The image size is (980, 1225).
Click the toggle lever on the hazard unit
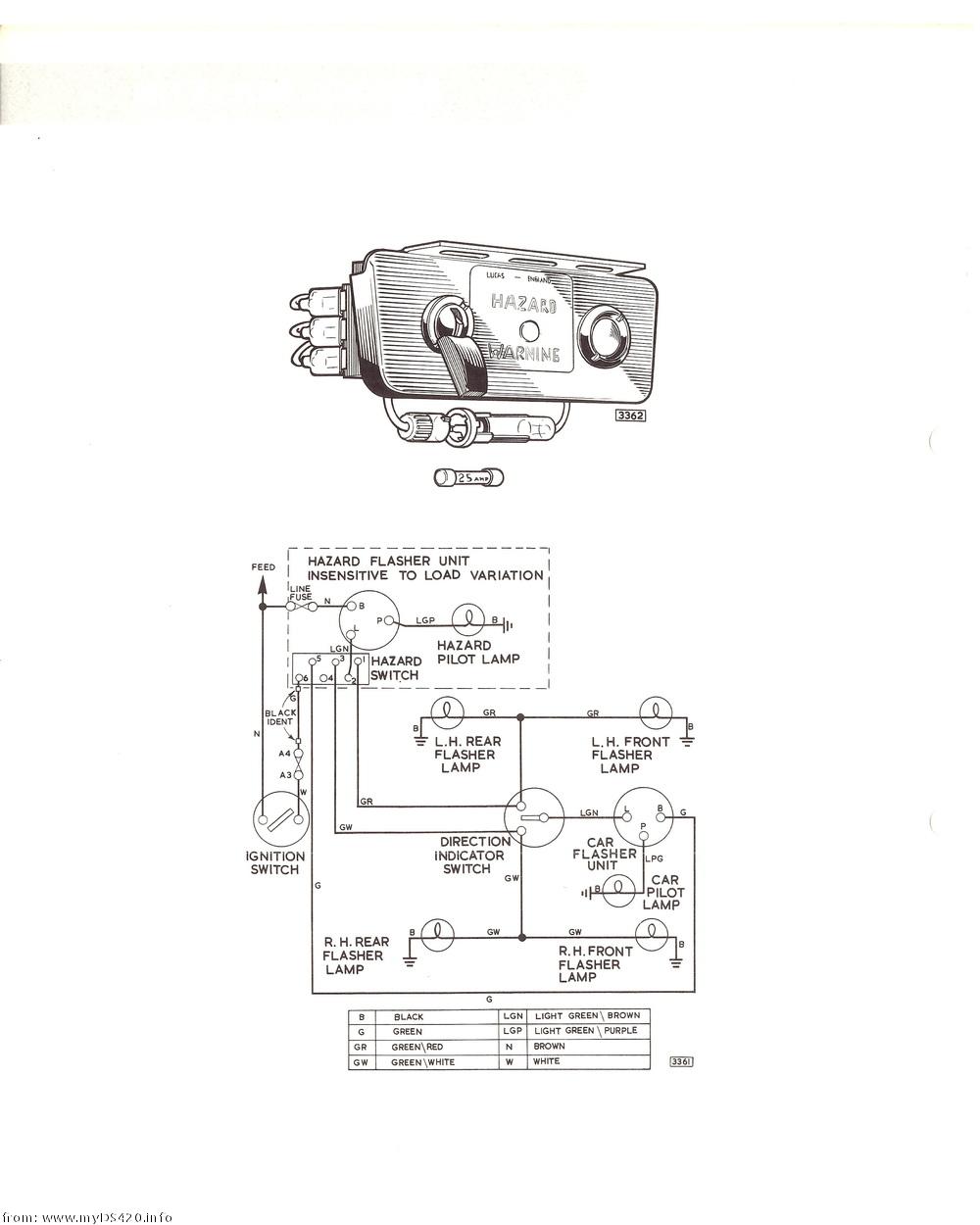coord(459,359)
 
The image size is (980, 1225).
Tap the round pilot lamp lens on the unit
coord(601,334)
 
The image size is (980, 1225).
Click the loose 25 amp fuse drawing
coord(468,478)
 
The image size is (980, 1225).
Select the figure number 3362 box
coord(630,416)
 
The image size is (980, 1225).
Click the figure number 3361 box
coord(681,1061)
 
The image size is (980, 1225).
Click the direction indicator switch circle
coord(533,817)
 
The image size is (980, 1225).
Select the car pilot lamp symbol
coord(619,890)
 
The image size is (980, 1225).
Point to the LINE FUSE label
coord(300,593)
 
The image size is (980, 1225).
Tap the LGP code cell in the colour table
coord(513,1031)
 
